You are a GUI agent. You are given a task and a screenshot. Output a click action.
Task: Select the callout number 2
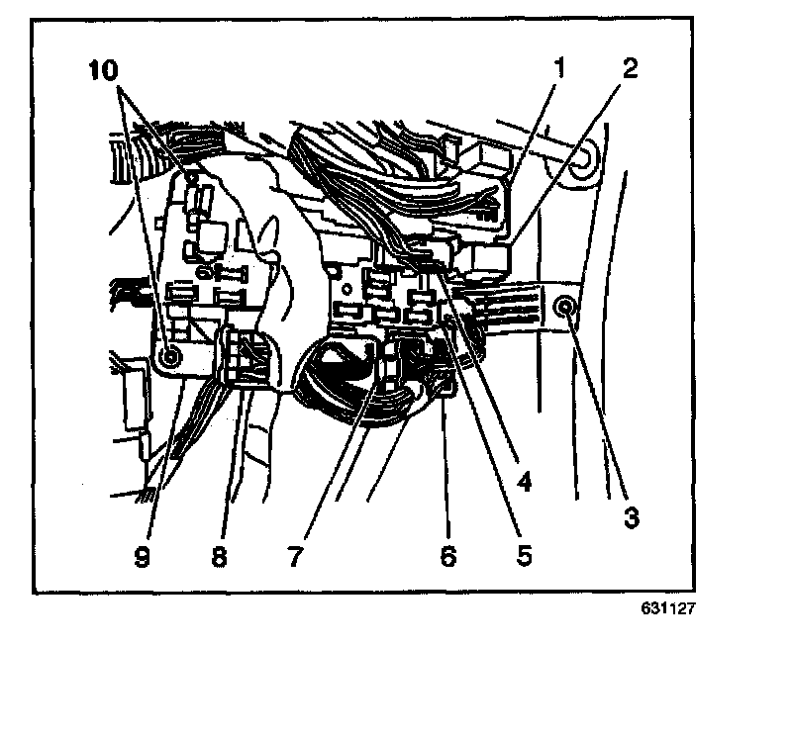pos(631,70)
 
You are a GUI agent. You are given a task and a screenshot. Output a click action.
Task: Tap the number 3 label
pos(631,515)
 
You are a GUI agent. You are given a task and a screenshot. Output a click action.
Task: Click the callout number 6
pos(448,556)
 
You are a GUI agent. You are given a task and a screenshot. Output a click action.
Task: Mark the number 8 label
pos(219,556)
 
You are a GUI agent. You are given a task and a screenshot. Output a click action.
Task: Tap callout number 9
pos(144,556)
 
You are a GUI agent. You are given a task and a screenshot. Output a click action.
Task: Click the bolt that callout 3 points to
pos(566,308)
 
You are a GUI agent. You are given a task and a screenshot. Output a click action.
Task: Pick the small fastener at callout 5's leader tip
pos(449,323)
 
